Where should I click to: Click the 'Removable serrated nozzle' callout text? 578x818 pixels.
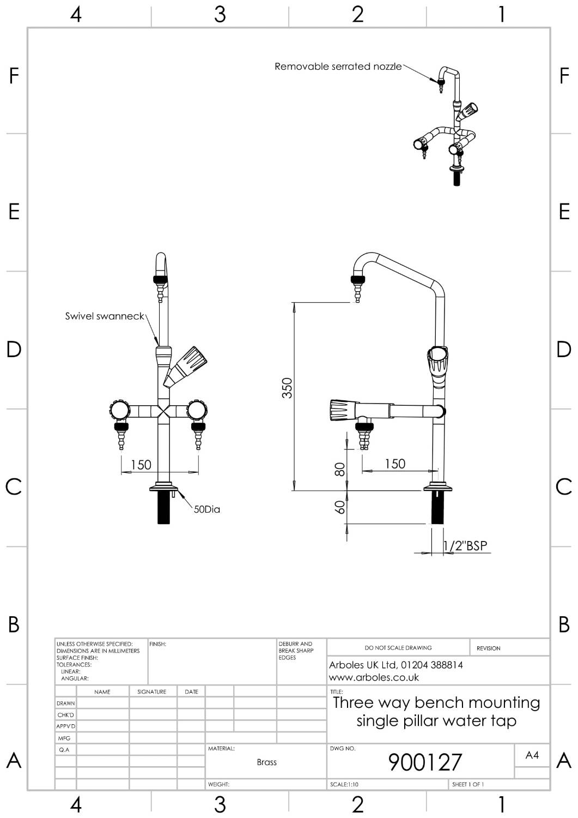point(338,67)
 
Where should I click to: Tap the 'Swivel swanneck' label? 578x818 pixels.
point(105,316)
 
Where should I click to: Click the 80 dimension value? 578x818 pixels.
point(339,469)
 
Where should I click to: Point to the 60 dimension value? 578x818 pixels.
point(339,507)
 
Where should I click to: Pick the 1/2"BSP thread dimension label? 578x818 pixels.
point(465,545)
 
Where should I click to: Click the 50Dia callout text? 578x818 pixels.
point(207,509)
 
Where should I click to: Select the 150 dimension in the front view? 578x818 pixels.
point(141,465)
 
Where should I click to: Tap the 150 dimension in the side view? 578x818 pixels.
point(395,464)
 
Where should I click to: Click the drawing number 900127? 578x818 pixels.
point(425,762)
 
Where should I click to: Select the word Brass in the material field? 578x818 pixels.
point(266,762)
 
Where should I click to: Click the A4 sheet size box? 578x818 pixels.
point(532,755)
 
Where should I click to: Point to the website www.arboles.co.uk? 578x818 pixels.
point(374,677)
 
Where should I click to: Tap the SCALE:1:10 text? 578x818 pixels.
point(344,784)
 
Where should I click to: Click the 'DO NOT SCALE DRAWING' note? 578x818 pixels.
point(398,648)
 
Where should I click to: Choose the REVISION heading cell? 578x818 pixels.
point(488,648)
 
